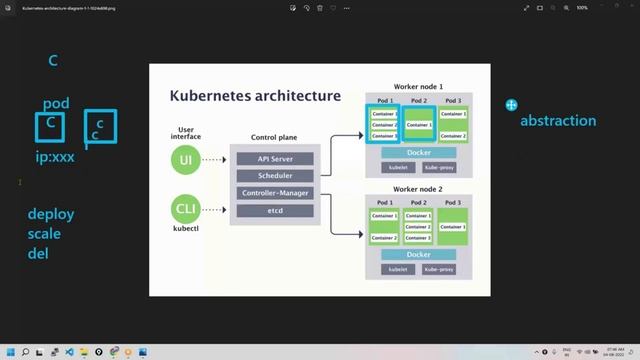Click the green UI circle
pos(185,161)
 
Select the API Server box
pos(275,158)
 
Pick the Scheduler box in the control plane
pos(275,175)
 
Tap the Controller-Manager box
pos(275,193)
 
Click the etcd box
pos(275,211)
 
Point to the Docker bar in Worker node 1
pos(419,152)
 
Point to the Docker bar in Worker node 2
pos(419,255)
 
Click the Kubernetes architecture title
pos(256,97)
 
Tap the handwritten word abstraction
pos(557,121)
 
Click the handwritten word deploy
pos(51,214)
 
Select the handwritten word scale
pos(46,233)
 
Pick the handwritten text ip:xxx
pos(55,157)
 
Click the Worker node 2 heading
pos(418,190)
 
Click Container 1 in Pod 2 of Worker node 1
pos(419,125)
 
